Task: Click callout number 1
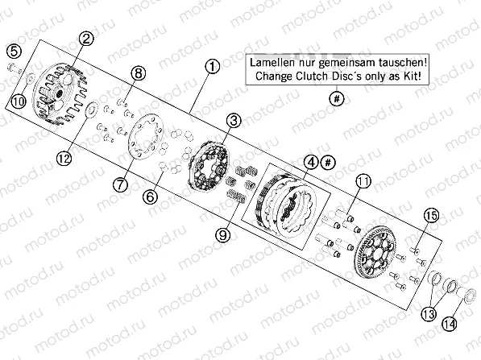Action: pyautogui.click(x=212, y=67)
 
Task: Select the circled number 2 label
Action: pyautogui.click(x=86, y=39)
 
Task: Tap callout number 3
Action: pyautogui.click(x=234, y=121)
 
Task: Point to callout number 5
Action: pyautogui.click(x=15, y=51)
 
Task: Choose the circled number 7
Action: pyautogui.click(x=120, y=184)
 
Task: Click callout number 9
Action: pyautogui.click(x=223, y=235)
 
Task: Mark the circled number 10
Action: pyautogui.click(x=19, y=101)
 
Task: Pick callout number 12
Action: pyautogui.click(x=64, y=158)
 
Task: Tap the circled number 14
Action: pyautogui.click(x=450, y=324)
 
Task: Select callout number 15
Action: pyautogui.click(x=431, y=216)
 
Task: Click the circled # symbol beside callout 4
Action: pyautogui.click(x=328, y=162)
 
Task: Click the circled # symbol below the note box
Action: pyautogui.click(x=337, y=98)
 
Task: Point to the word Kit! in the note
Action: pyautogui.click(x=412, y=76)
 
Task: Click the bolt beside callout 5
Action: pyautogui.click(x=15, y=68)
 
